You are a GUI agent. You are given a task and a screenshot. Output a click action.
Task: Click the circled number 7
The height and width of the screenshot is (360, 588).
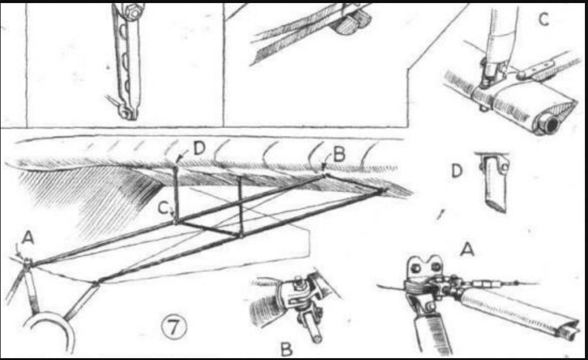[174, 327]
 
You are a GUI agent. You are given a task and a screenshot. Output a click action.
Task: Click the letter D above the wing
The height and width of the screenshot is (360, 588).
[199, 149]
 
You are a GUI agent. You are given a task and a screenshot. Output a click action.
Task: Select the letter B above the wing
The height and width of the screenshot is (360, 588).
[339, 154]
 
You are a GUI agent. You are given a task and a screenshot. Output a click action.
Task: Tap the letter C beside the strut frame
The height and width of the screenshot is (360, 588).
[163, 207]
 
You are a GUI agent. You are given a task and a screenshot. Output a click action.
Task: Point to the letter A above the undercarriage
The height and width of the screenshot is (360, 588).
[28, 237]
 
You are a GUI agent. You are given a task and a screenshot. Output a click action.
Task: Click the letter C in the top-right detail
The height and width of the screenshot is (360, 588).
[544, 19]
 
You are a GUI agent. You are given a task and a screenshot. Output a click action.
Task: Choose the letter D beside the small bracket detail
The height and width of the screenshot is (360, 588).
[457, 171]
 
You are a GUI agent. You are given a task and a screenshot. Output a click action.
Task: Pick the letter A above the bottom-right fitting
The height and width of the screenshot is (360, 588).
[467, 249]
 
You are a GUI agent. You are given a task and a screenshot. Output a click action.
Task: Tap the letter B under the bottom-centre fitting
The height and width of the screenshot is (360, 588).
[287, 349]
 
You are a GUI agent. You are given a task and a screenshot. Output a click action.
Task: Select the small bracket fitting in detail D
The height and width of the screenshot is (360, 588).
[494, 182]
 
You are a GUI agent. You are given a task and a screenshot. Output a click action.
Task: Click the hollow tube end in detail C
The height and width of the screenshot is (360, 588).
[550, 125]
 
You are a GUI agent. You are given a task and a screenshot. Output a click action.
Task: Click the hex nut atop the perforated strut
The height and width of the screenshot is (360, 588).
[132, 11]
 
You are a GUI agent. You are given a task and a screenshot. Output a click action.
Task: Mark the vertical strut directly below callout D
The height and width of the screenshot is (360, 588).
[175, 193]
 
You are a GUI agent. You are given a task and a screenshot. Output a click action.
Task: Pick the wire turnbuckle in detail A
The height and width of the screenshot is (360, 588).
[484, 284]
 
